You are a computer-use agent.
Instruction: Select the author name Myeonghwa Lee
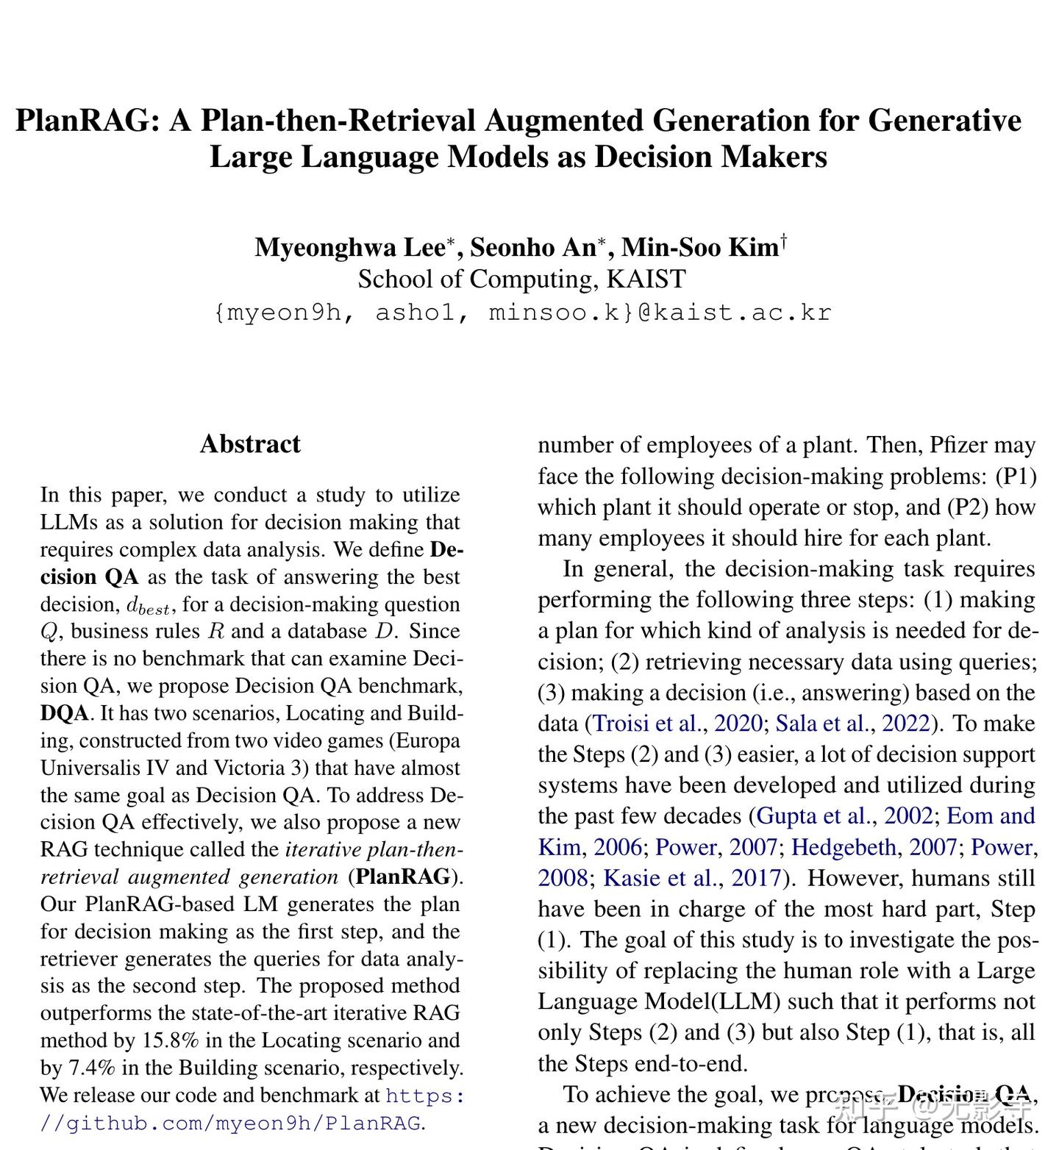pos(350,247)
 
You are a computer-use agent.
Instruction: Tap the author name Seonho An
pos(533,247)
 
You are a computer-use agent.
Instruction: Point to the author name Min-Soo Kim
pos(699,247)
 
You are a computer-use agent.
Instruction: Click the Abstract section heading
pos(250,444)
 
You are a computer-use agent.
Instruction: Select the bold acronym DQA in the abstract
pos(64,713)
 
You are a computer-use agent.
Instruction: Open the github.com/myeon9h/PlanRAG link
pos(243,1123)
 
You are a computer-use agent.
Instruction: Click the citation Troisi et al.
pos(647,724)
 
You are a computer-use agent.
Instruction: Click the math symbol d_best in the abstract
pos(149,607)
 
